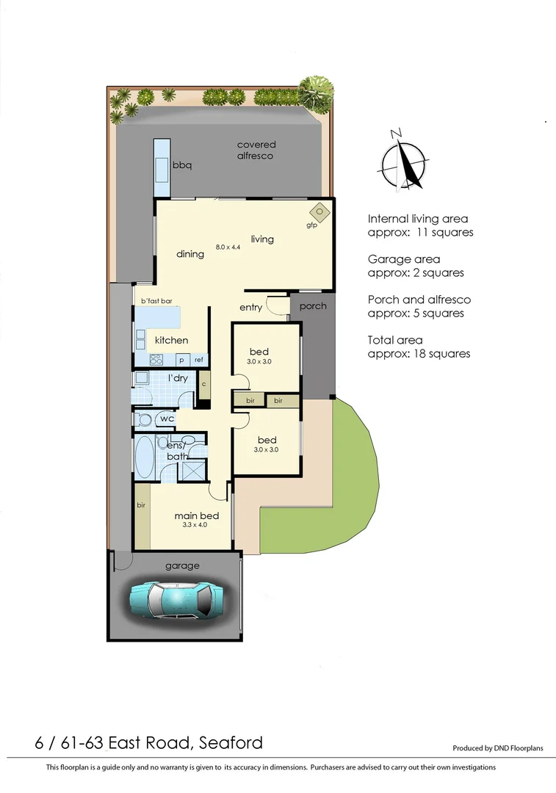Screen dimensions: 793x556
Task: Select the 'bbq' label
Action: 181,165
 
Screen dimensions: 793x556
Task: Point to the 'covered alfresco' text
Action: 255,151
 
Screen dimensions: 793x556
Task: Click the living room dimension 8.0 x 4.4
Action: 228,247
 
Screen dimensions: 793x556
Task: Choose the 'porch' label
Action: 313,305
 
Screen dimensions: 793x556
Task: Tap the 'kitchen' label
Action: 171,340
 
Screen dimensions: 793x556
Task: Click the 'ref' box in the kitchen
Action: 198,360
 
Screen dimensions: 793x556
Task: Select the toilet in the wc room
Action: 143,419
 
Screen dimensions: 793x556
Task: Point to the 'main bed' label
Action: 196,515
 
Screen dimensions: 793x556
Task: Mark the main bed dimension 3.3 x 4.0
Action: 195,526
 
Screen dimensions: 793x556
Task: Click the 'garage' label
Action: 181,565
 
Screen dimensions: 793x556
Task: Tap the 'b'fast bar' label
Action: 156,301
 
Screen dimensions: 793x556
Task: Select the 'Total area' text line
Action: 395,340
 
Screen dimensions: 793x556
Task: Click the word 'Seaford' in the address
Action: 231,742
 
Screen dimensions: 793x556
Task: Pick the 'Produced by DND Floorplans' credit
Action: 497,748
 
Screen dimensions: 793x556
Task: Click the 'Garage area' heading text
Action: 403,259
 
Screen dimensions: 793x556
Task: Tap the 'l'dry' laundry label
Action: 178,378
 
